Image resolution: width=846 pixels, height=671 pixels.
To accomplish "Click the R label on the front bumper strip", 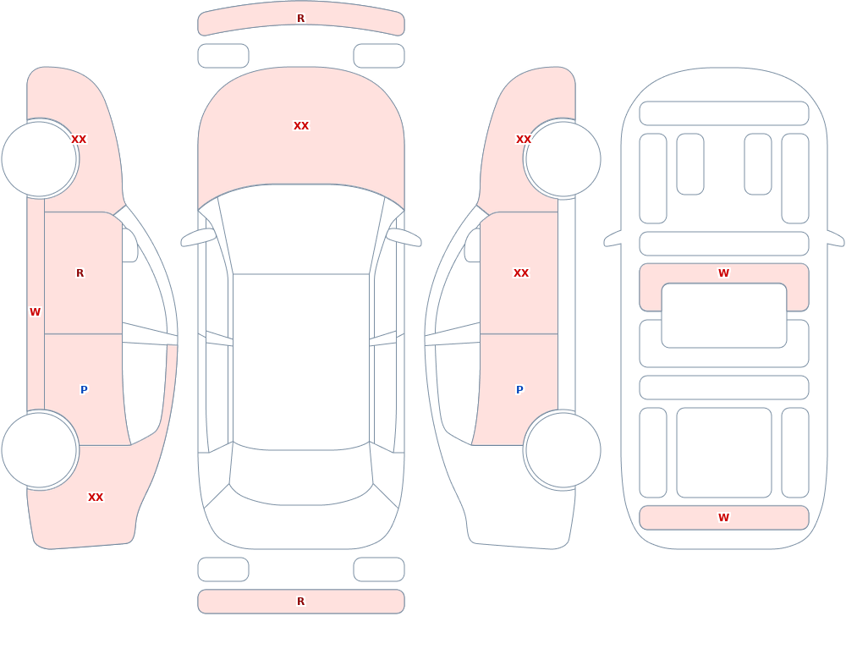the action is (x=300, y=19).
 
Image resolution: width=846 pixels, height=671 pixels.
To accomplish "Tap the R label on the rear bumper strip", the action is (x=300, y=602).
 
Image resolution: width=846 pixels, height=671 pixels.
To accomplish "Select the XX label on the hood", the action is (x=301, y=126).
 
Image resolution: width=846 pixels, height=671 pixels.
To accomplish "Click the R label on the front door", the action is (x=80, y=273).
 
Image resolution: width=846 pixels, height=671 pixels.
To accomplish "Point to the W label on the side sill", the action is (x=35, y=312).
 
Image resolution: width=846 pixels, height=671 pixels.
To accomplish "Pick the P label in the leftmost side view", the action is (x=84, y=390).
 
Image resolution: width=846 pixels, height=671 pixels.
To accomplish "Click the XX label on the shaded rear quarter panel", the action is (x=96, y=498).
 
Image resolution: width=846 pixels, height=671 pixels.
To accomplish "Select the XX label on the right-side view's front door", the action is (x=521, y=273).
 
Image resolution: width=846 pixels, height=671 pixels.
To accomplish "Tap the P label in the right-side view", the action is (x=519, y=390).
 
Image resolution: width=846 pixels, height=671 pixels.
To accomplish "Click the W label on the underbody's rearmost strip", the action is (x=723, y=518).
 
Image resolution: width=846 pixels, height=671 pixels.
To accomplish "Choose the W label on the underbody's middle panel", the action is (x=723, y=273).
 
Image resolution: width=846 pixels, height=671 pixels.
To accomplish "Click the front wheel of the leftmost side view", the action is (x=40, y=159).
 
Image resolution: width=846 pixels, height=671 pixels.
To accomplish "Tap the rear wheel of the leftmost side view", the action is (x=40, y=450).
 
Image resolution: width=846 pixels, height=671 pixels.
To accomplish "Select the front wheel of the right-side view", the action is (x=563, y=159).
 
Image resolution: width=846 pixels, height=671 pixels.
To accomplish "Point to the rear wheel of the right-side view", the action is (x=563, y=450).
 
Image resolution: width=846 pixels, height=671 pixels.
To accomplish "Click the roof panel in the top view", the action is (x=301, y=361).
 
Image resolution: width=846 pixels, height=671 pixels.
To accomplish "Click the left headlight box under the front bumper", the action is (x=223, y=56).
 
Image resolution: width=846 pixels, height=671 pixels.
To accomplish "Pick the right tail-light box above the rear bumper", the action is (x=379, y=569).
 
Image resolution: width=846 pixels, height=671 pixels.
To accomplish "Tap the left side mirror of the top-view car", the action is (x=198, y=238).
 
